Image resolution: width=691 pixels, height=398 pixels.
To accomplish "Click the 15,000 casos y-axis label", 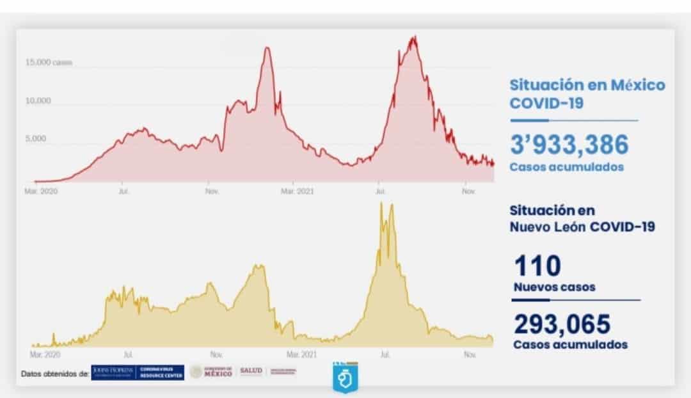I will click(x=49, y=63).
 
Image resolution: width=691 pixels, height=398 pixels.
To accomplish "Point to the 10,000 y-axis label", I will click(x=38, y=101).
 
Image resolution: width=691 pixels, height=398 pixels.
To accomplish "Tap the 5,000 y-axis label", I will click(x=35, y=138).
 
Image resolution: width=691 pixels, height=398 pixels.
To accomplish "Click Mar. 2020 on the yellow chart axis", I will click(x=45, y=354).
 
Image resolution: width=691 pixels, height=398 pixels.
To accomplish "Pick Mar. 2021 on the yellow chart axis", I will click(x=301, y=354).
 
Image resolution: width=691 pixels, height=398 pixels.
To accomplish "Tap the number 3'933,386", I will click(x=569, y=145).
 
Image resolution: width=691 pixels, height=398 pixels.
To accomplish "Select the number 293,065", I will click(x=562, y=324).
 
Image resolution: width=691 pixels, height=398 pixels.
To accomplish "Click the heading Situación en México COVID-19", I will click(x=587, y=93).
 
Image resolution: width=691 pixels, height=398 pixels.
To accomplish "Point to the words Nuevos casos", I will click(x=554, y=287).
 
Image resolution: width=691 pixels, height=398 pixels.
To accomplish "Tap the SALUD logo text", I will click(x=250, y=371).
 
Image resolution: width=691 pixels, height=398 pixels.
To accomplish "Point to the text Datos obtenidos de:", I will click(x=54, y=373).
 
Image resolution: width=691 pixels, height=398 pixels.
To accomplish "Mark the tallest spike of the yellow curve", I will click(x=381, y=203).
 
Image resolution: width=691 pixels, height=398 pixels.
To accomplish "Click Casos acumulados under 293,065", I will click(x=570, y=344).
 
